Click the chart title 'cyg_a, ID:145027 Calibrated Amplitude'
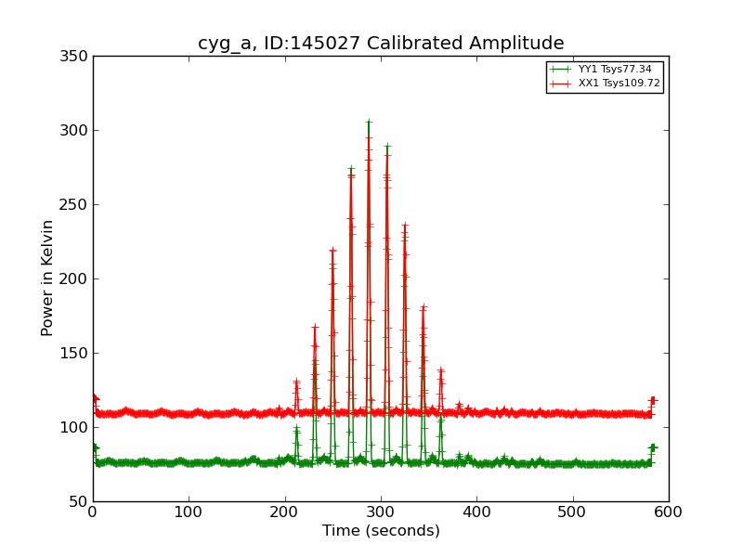381,44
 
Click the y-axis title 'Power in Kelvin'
47,278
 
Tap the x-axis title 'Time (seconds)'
381,531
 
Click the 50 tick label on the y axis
78,501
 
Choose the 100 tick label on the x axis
189,512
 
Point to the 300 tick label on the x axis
381,512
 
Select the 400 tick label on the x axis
476,512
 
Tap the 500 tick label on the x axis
573,512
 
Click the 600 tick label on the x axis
669,512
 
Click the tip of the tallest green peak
369,122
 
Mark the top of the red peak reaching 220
332,250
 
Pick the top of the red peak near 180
423,307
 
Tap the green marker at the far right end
652,447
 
